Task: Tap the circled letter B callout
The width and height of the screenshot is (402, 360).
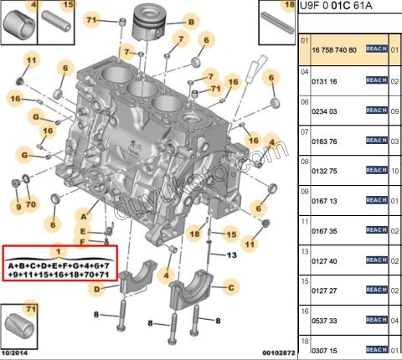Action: point(191,21)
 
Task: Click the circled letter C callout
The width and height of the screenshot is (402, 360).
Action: point(227,285)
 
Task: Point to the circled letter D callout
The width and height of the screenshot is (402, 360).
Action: point(97,289)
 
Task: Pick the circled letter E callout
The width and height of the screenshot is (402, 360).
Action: point(84,231)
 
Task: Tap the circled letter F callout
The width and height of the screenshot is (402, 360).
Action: point(83,242)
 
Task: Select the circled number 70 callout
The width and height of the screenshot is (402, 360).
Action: point(30,205)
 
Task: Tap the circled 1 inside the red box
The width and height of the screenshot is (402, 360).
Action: point(59,250)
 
